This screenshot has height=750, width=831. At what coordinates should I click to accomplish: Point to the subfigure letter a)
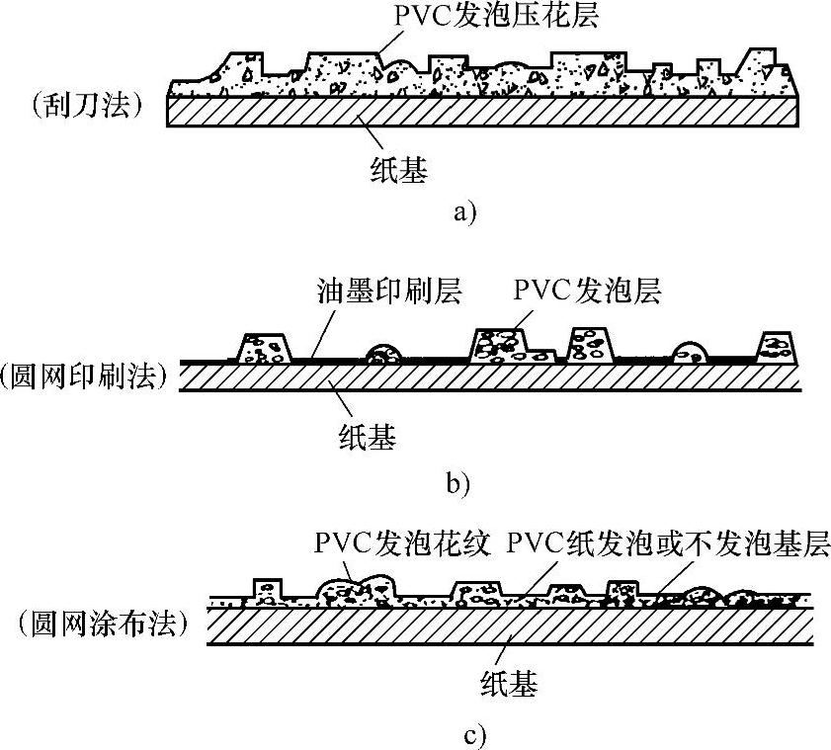[463, 211]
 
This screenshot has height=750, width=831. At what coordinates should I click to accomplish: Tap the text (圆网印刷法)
[82, 375]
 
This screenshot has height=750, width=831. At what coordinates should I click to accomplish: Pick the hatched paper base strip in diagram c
[510, 627]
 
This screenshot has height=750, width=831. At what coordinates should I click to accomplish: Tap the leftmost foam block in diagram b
[266, 349]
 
